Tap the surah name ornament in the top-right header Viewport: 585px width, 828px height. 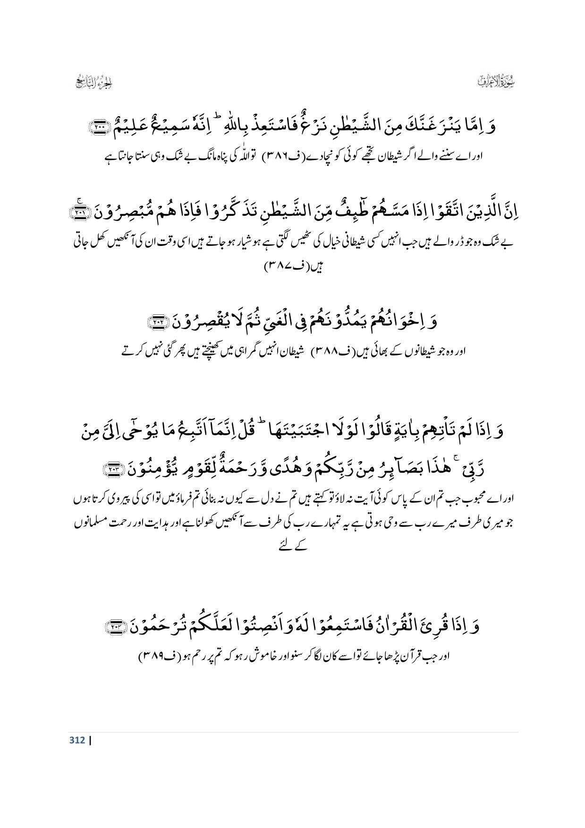tap(496, 81)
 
